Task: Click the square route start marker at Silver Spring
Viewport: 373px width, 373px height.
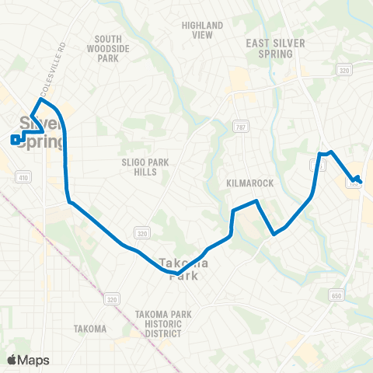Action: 15,140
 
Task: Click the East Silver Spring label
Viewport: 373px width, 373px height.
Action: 269,49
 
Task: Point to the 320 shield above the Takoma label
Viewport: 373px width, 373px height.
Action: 113,298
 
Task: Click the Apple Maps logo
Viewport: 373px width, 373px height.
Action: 28,360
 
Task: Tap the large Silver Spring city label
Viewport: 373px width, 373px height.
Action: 37,130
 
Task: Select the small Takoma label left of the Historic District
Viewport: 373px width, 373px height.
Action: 90,329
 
